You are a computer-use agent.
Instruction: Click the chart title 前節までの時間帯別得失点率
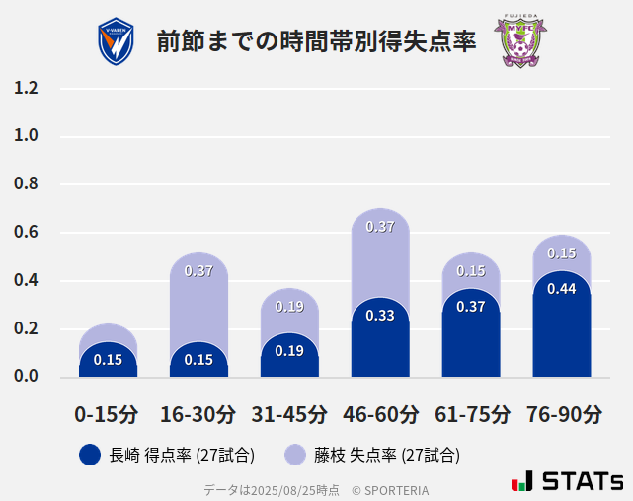(x=316, y=43)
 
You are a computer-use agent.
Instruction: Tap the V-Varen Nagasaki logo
(x=117, y=42)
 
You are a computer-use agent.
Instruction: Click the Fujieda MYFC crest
(x=519, y=41)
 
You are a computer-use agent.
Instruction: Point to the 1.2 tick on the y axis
(x=26, y=88)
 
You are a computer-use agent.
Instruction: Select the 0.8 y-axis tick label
(x=26, y=184)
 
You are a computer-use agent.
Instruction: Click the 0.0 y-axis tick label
(x=26, y=377)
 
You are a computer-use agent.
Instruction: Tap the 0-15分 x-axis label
(x=107, y=414)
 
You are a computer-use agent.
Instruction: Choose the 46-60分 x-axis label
(x=380, y=414)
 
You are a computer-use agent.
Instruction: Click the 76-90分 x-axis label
(x=562, y=414)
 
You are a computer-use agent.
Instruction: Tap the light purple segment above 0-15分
(x=108, y=332)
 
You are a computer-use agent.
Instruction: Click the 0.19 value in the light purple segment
(x=289, y=307)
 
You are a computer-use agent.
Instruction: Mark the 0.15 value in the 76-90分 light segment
(x=562, y=253)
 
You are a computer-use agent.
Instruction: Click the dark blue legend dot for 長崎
(x=90, y=455)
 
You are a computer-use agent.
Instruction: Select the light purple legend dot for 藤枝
(x=295, y=455)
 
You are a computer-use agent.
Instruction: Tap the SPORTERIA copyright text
(x=390, y=490)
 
